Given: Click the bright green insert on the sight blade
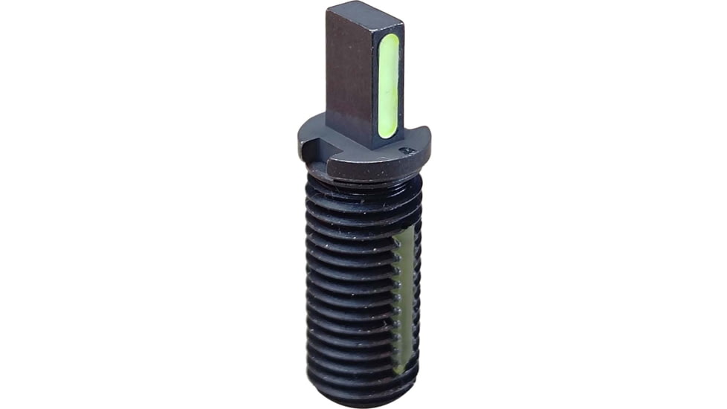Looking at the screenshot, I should [x=388, y=86].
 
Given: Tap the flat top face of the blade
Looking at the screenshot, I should [x=364, y=16].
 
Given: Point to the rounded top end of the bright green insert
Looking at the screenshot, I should [x=389, y=39].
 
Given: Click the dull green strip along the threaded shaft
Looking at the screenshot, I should [x=404, y=297].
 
